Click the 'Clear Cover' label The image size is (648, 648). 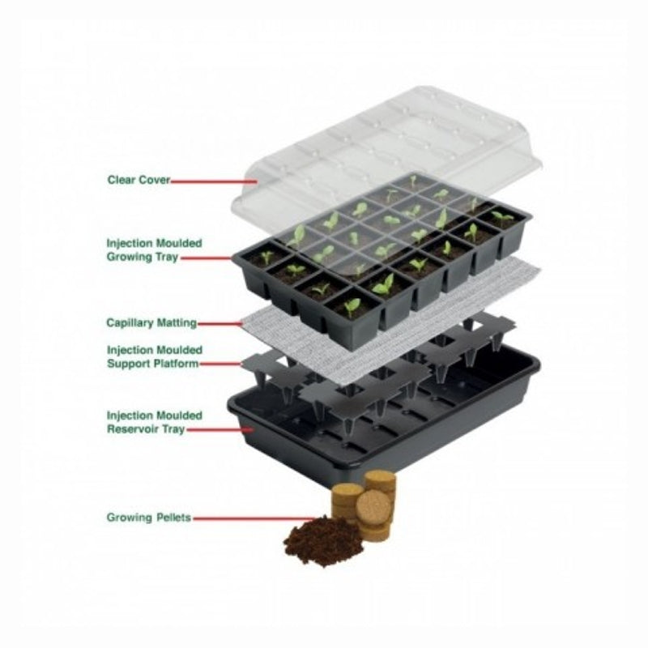(x=139, y=180)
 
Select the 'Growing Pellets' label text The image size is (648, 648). (x=149, y=518)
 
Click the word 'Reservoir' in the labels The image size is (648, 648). (x=131, y=429)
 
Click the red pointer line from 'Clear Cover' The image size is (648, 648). (x=214, y=181)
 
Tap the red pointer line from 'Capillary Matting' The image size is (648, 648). (x=220, y=324)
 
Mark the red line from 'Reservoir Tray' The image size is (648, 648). (x=220, y=429)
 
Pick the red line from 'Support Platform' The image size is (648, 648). (x=220, y=364)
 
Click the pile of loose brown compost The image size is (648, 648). (x=322, y=539)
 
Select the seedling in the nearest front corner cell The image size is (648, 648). (x=352, y=306)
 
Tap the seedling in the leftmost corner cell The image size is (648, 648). (x=266, y=258)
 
